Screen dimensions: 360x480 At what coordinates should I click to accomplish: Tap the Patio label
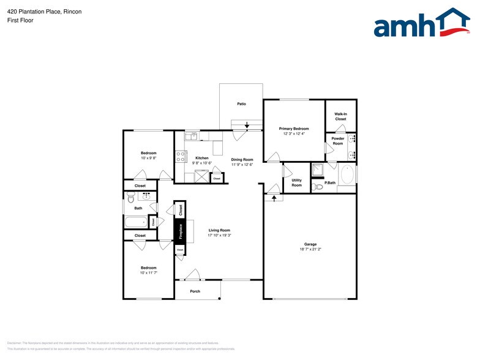[x=242, y=104]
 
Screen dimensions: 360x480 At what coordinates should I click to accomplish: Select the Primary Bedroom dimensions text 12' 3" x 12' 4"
[x=294, y=133]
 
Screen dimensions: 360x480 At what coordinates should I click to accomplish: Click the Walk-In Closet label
[x=340, y=116]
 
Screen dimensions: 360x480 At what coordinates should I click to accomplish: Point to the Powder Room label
[x=338, y=141]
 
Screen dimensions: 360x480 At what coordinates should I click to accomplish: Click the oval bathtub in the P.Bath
[x=347, y=176]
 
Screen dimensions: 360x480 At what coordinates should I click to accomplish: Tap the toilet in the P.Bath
[x=317, y=186]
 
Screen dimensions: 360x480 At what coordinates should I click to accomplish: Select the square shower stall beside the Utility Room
[x=318, y=170]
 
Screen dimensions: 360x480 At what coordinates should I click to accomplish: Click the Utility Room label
[x=296, y=182]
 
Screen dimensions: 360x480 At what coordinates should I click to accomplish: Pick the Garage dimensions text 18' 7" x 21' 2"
[x=310, y=249]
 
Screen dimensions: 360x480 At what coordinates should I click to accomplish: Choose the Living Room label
[x=219, y=230]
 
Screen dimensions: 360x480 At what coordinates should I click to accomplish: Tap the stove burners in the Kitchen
[x=181, y=156]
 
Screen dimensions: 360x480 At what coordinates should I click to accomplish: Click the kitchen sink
[x=191, y=136]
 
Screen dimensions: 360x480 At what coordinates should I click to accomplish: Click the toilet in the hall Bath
[x=131, y=198]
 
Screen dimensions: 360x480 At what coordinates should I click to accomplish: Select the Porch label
[x=195, y=291]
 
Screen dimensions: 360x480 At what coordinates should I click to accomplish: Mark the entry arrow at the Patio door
[x=247, y=126]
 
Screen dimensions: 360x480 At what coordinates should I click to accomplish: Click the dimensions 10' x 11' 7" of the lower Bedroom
[x=148, y=272]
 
